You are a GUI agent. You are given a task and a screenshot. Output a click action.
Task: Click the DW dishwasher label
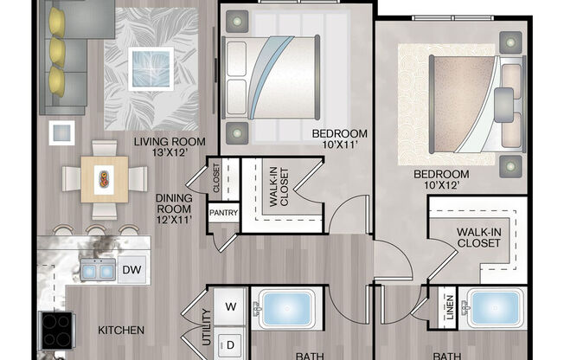pos(131,270)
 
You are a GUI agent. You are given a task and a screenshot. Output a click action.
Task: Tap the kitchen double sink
pos(98,270)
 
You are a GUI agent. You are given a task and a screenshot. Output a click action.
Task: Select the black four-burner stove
pos(57,331)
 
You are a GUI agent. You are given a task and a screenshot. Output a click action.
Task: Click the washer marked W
pos(230,306)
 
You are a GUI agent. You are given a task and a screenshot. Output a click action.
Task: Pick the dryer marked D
pos(230,344)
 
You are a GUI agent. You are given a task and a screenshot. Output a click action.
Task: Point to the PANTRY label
pos(224,213)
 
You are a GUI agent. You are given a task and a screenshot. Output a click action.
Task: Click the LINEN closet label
pos(450,308)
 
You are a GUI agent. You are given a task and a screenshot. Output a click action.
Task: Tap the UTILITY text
pos(207,327)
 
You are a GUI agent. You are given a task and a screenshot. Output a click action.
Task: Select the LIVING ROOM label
pos(170,141)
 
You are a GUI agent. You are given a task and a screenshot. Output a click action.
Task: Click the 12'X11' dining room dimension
pos(174,220)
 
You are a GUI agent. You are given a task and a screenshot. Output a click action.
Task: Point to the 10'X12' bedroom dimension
pos(442,185)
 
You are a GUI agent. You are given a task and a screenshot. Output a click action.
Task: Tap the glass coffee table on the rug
pos(151,68)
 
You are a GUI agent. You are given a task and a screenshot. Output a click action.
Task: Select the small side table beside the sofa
pos(62,133)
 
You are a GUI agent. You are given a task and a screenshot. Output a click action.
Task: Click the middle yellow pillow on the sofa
pos(57,52)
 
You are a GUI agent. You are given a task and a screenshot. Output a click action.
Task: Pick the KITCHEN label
pos(121,330)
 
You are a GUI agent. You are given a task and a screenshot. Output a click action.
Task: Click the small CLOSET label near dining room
pos(216,178)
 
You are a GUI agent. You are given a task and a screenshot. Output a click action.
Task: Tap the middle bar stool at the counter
pos(96,230)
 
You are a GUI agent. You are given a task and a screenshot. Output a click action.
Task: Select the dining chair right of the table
pos(138,178)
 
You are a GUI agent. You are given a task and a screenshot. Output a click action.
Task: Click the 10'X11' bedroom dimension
pos(340,145)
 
